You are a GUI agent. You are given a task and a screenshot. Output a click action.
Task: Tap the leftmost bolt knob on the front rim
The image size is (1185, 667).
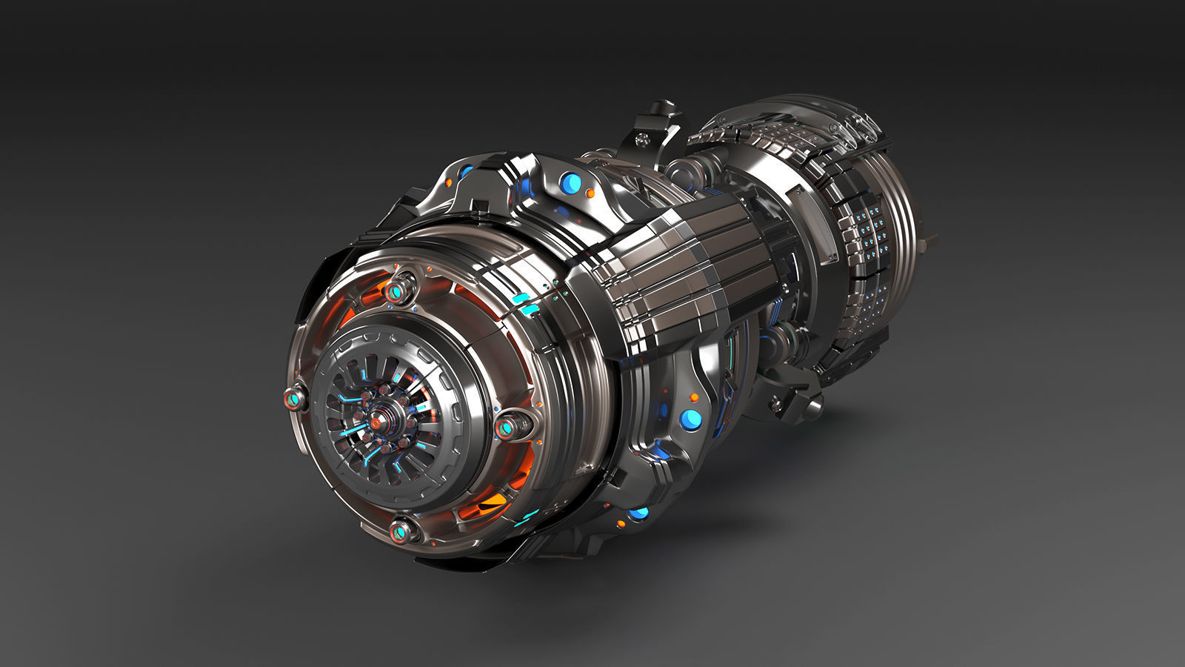(x=294, y=401)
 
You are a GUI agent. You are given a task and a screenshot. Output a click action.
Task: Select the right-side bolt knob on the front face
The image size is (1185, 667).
(x=508, y=428)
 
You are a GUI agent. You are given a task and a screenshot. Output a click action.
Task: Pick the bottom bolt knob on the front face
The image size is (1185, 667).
(x=399, y=531)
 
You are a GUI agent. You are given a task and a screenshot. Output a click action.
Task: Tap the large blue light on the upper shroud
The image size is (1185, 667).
(x=571, y=182)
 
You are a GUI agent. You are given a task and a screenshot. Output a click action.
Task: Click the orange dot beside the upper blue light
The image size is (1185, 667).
(x=590, y=193)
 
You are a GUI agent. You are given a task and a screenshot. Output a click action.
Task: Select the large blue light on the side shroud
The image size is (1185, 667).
(x=690, y=419)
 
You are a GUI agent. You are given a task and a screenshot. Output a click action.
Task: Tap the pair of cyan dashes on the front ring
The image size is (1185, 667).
(x=526, y=304)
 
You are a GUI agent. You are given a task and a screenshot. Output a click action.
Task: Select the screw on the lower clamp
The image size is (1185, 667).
(x=777, y=405)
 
